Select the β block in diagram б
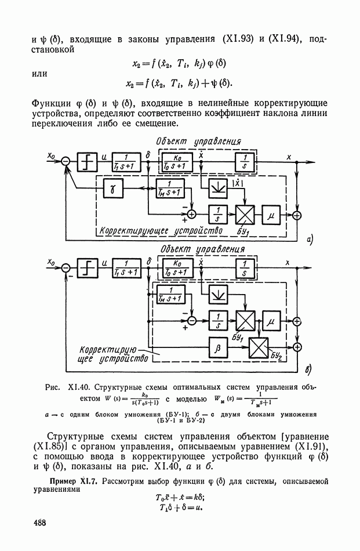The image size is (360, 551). click(x=219, y=347)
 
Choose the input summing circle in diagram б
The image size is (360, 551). click(x=66, y=267)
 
